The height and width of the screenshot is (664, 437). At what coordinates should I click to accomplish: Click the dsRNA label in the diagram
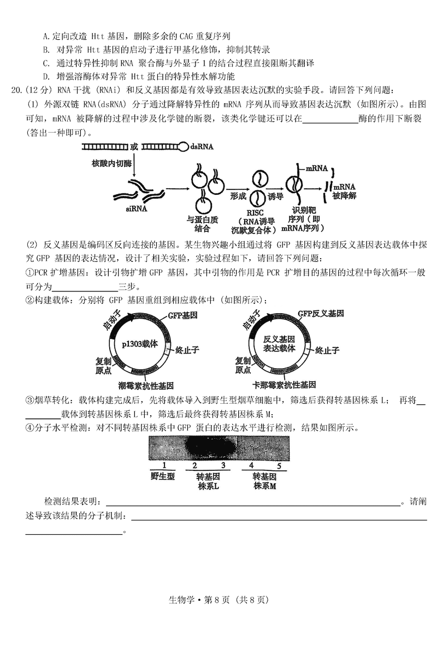[x=202, y=146]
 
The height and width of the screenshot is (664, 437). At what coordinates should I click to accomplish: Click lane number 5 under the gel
[x=279, y=466]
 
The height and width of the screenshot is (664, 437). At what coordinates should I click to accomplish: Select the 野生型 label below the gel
[x=162, y=476]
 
